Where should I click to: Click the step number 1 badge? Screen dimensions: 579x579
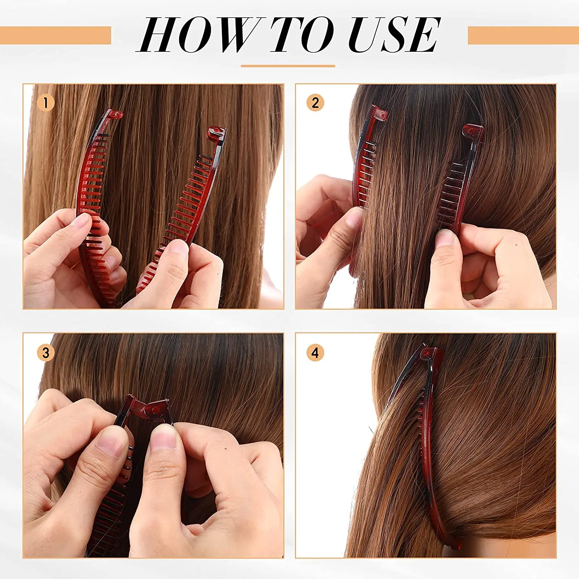[x=46, y=103]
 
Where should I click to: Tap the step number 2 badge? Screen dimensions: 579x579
[x=315, y=103]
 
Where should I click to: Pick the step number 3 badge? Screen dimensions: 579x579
[x=46, y=352]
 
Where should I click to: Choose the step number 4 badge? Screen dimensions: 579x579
[x=315, y=352]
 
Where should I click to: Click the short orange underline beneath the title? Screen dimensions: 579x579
[x=288, y=66]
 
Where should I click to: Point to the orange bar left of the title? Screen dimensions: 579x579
[x=56, y=36]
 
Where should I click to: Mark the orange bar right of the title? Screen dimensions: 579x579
[x=523, y=36]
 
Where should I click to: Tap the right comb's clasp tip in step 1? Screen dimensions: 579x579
[x=216, y=133]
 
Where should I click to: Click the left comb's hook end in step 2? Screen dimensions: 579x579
[x=379, y=114]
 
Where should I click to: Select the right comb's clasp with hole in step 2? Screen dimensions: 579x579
[x=472, y=131]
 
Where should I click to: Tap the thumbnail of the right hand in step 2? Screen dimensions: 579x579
[x=445, y=237]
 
